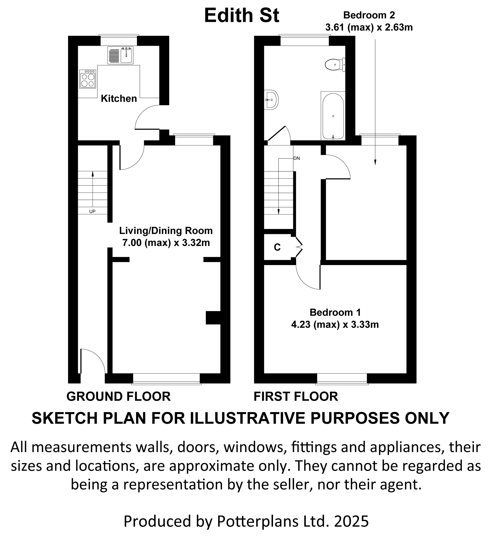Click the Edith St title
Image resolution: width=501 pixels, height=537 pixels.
point(242,16)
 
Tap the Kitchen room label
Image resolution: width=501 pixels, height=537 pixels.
point(119,99)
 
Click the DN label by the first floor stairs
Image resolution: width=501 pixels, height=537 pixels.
point(296,158)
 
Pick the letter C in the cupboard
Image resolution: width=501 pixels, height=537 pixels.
point(277,247)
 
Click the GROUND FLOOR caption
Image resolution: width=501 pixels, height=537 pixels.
point(119,396)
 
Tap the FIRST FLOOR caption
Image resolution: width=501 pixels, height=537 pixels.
point(296,396)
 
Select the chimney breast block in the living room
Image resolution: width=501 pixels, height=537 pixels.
point(213,318)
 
